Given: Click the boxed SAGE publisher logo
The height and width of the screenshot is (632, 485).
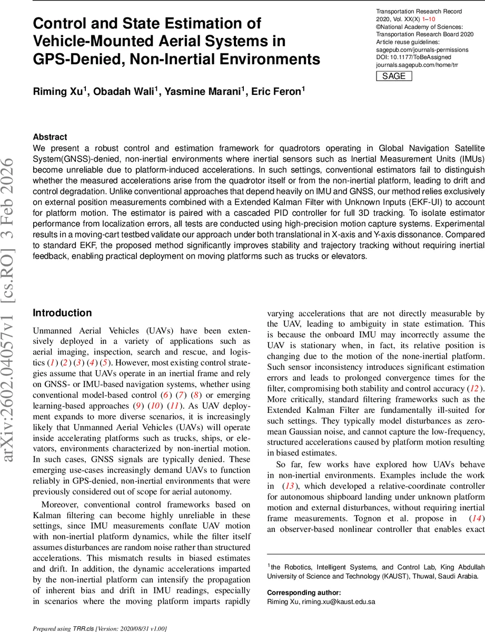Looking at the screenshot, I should pos(393,76).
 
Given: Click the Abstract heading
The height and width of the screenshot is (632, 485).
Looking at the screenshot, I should pos(50,136).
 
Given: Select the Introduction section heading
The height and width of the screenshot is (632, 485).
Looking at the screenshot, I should pos(62,313).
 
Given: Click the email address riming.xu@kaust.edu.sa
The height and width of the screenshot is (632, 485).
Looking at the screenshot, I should pos(338,601).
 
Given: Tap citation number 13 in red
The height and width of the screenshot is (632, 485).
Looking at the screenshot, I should pos(289,486).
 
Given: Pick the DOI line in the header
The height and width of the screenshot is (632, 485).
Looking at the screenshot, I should pos(411,57).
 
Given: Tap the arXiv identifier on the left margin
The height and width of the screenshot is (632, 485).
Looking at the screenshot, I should pos(12,316).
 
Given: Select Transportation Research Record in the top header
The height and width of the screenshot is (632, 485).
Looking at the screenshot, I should pos(419,12).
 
